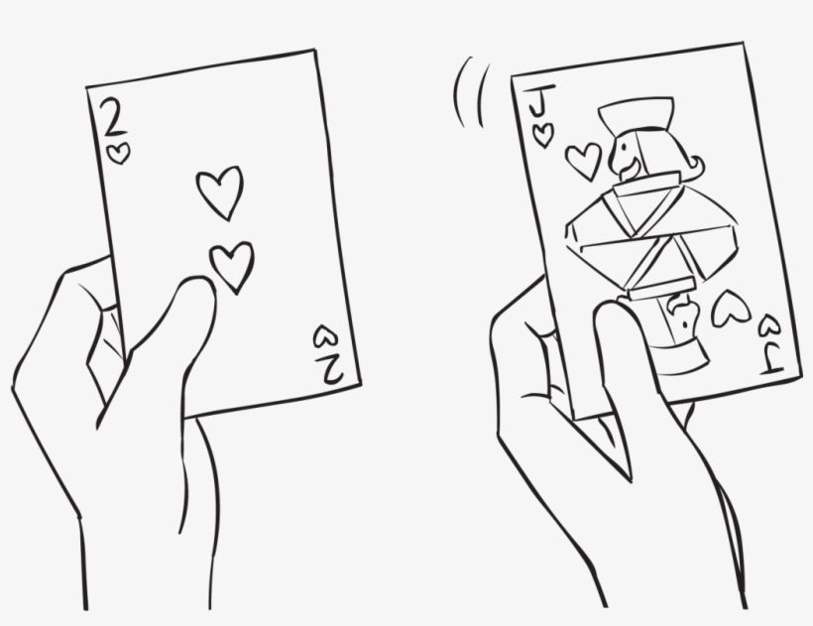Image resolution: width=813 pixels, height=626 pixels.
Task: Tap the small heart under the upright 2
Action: (120, 153)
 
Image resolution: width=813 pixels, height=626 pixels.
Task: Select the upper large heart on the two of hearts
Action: (219, 191)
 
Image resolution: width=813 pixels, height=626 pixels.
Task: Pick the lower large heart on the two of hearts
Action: (232, 265)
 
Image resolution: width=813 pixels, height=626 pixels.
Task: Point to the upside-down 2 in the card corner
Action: (329, 368)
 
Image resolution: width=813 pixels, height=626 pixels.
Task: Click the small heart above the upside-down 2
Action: (324, 337)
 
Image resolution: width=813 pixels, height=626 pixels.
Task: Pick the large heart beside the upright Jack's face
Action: (583, 159)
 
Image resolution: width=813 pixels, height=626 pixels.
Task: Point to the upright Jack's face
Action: (629, 154)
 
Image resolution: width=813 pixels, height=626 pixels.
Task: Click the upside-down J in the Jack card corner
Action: (773, 354)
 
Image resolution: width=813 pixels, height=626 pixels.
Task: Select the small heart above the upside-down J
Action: (769, 324)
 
